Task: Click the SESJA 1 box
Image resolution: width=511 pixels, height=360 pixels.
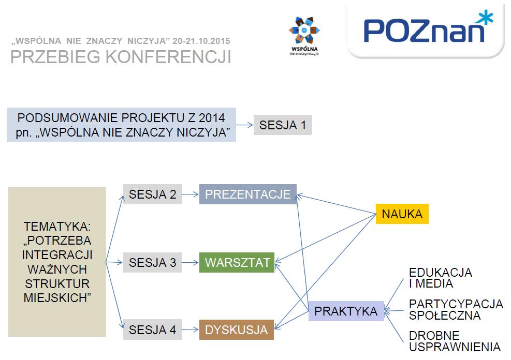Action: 283,125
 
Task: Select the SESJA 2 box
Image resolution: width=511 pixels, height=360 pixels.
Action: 153,194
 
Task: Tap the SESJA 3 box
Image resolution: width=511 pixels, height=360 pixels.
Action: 153,262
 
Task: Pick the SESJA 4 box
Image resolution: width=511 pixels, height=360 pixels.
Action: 153,329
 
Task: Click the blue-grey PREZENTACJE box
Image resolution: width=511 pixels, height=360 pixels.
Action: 247,194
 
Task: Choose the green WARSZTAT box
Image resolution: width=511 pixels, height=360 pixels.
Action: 237,262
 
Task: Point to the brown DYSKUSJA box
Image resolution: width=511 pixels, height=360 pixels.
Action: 236,329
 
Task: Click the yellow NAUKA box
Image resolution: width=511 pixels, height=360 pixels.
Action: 402,214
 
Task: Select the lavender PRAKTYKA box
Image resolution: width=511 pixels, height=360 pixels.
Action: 346,311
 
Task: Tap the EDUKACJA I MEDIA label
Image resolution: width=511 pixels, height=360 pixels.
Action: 440,278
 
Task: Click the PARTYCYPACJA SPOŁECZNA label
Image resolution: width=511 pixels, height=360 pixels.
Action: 456,309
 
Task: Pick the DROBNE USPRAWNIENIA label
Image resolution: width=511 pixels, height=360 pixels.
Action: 455,341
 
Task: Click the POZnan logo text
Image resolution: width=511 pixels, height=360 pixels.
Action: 424,31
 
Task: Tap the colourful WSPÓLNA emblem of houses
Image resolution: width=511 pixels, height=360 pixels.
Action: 304,30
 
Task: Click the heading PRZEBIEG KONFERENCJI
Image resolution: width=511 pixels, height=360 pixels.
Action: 121,56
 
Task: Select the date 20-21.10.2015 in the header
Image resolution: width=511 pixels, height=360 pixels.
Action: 201,41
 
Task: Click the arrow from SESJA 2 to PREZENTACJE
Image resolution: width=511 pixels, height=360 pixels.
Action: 190,194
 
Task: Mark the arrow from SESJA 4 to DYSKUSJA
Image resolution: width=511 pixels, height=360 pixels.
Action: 190,329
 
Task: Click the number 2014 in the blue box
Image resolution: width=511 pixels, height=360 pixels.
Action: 212,118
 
